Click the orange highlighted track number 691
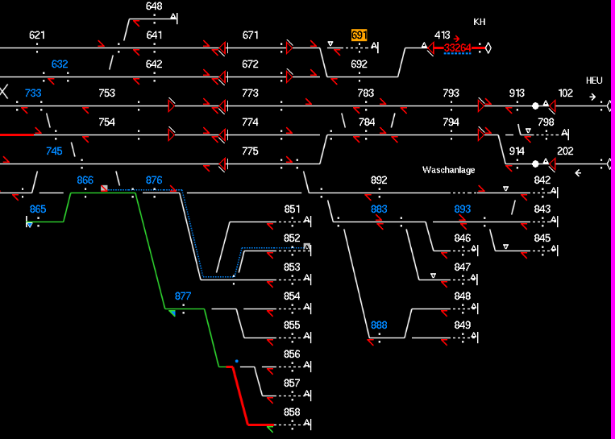coord(359,35)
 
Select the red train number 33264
coord(458,48)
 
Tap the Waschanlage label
coord(448,170)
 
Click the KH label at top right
coord(480,22)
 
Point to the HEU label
coord(594,81)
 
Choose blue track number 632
coord(60,64)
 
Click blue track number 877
coord(183,296)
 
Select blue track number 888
coord(379,325)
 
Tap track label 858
coord(292,412)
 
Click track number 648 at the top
coord(154,6)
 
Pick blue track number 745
coord(54,151)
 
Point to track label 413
coord(442,35)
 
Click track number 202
coord(565,151)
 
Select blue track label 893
coord(462,209)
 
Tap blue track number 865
coord(38,209)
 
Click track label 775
coord(250,151)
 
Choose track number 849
coord(462,325)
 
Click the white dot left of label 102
coord(535,106)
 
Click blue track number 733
coord(33,93)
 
